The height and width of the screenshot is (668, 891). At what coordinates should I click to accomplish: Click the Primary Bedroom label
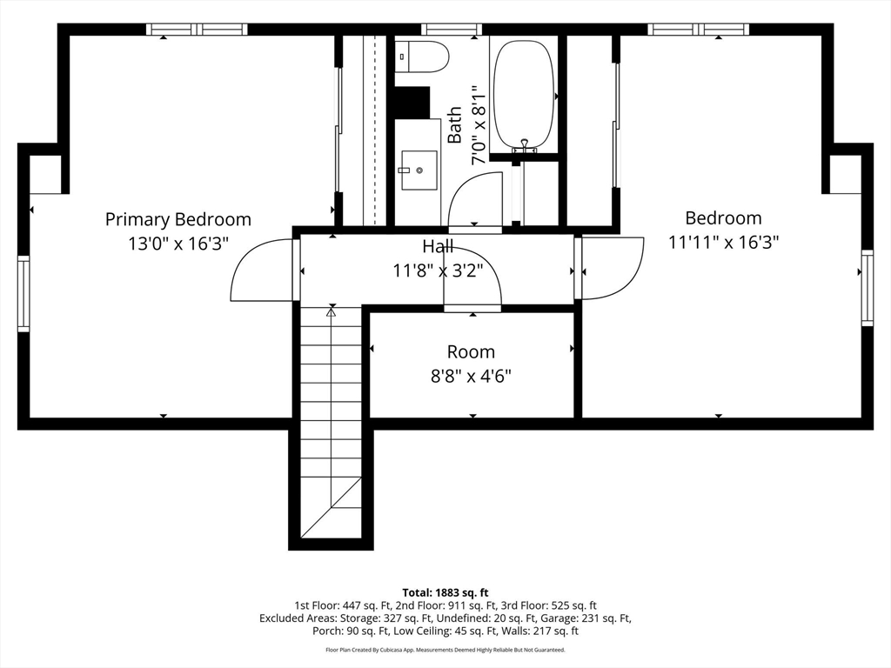178,219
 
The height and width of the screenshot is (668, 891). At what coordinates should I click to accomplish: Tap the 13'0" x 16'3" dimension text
178,244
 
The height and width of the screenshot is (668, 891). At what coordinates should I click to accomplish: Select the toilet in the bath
422,57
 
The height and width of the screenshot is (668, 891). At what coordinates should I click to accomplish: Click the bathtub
523,94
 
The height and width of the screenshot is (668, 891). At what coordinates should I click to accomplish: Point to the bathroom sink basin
419,170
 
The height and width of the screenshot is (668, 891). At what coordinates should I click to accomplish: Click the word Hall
439,246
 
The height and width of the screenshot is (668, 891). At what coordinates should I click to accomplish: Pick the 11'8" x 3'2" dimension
439,271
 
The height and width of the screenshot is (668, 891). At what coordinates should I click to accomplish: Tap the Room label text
471,351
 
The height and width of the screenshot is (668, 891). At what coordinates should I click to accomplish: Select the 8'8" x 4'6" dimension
471,376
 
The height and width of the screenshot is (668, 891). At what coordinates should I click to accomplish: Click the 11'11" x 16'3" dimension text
723,243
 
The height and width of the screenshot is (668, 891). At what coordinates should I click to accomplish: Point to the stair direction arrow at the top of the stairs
332,311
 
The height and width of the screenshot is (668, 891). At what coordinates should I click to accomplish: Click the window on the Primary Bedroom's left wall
23,294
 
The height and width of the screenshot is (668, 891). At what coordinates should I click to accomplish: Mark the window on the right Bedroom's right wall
868,287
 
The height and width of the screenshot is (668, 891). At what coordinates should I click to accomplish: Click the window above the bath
452,29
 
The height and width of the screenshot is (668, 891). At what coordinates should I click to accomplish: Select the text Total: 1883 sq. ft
445,593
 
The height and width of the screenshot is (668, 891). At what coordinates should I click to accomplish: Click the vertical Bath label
454,125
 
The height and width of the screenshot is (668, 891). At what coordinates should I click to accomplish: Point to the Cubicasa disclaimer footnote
445,650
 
